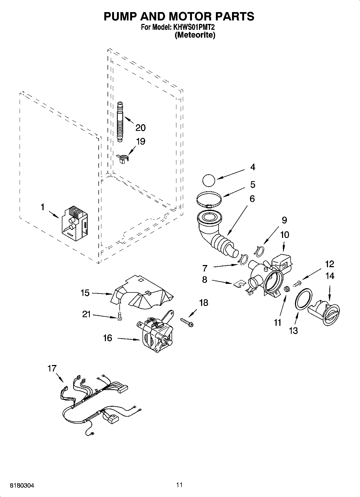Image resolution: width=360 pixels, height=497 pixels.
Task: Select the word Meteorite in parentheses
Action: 195,35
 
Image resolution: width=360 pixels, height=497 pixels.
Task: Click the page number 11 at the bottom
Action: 180,485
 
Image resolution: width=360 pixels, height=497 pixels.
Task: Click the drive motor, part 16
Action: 155,334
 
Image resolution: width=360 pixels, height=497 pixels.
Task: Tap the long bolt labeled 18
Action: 187,322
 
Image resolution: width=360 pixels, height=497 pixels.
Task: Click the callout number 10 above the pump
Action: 284,234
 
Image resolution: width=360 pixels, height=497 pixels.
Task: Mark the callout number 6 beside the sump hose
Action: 252,199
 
